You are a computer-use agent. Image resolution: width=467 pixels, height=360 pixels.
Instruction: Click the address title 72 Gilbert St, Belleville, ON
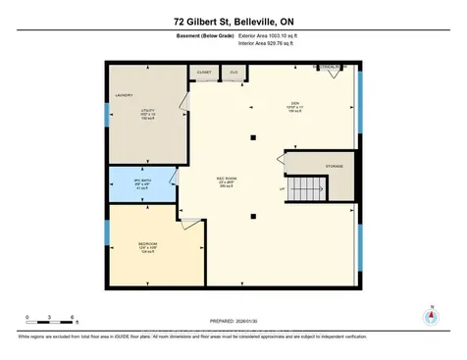point(233,22)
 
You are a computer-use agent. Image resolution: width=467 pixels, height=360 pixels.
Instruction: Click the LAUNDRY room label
point(124,95)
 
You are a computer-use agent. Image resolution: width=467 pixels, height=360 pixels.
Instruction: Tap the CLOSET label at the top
point(204,72)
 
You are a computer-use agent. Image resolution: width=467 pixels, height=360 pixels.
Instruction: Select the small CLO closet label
point(233,72)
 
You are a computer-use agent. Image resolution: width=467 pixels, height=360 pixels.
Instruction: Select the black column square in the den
point(252,135)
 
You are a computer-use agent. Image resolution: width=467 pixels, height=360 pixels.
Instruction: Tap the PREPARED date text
point(233,321)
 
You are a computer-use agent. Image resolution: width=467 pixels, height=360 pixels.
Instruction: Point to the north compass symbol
point(428,317)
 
